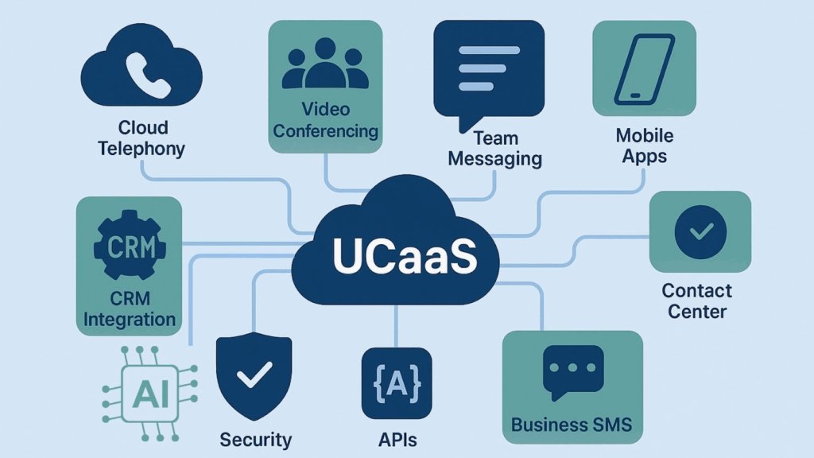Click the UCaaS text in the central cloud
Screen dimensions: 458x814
coord(395,254)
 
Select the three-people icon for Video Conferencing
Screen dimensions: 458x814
coord(326,64)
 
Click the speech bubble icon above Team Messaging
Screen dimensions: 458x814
coord(488,72)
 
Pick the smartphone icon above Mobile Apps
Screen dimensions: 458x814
coord(645,67)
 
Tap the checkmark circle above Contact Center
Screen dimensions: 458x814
coord(700,231)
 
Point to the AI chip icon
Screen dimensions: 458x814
coord(149,393)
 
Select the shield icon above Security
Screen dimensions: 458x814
coord(255,373)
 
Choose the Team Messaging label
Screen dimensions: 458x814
coord(494,147)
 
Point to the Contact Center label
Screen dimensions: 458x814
coord(697,301)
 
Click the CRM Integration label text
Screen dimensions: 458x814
coord(130,309)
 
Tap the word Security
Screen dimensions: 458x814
coord(256,440)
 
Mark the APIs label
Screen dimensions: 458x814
coord(396,440)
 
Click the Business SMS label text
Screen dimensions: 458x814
coord(572,424)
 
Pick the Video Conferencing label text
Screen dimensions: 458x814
coord(326,119)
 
